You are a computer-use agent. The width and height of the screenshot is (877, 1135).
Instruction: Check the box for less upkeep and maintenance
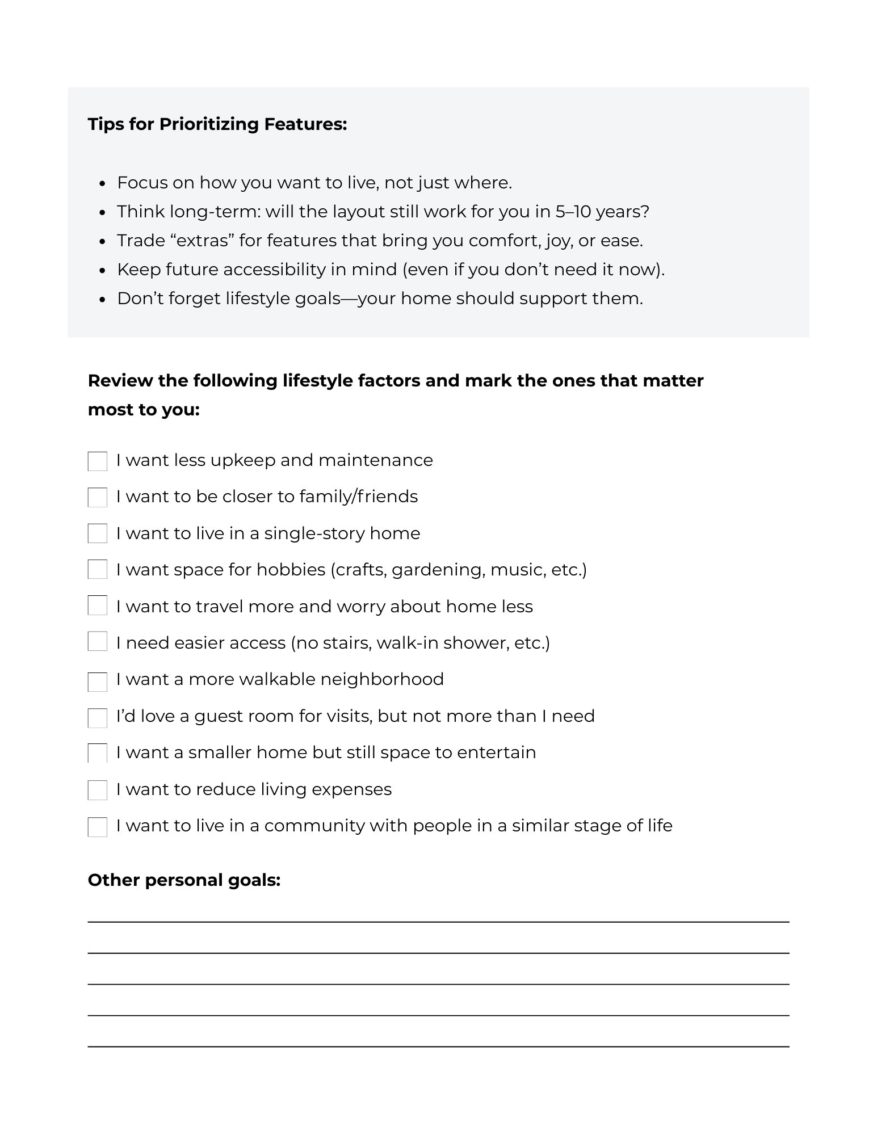click(98, 461)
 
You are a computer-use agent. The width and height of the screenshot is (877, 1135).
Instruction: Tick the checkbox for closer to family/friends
click(98, 498)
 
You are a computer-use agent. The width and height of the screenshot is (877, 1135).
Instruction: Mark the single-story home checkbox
click(98, 534)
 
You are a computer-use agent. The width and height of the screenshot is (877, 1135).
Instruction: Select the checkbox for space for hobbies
click(98, 570)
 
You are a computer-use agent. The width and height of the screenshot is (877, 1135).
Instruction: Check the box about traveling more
click(98, 606)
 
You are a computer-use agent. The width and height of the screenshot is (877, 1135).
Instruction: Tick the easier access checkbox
click(98, 642)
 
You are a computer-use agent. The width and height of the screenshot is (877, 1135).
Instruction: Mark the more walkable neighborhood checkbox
click(98, 682)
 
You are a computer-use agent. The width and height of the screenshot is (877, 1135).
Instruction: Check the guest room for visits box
click(98, 718)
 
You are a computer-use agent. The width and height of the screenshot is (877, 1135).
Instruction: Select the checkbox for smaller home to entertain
click(98, 754)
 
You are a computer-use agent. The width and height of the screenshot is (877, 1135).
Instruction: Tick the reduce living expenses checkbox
click(98, 791)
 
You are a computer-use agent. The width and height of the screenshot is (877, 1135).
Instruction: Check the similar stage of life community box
click(98, 827)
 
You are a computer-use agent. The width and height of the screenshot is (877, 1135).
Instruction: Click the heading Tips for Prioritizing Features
click(217, 124)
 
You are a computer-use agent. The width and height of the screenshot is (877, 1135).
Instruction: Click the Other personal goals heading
click(184, 880)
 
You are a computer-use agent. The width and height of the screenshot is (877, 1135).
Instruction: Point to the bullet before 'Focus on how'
click(102, 183)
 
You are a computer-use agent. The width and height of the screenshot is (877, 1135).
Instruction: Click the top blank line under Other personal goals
click(438, 922)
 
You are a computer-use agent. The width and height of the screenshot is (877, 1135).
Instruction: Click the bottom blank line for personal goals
click(438, 1046)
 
